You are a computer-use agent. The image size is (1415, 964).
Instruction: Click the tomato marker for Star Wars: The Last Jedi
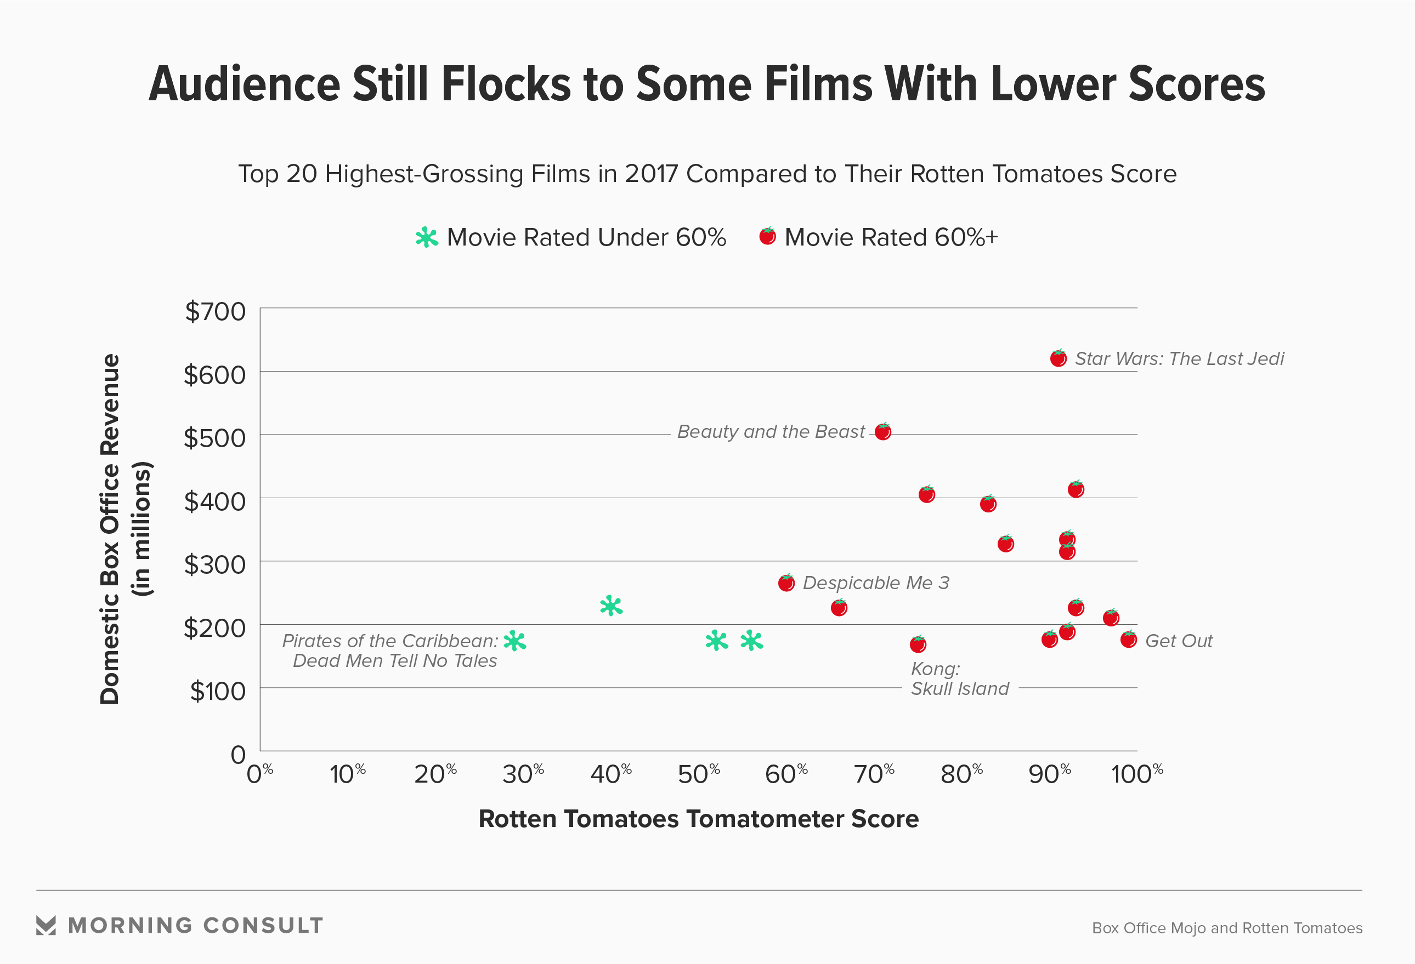point(1058,358)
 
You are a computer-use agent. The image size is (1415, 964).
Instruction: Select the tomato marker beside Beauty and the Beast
point(883,431)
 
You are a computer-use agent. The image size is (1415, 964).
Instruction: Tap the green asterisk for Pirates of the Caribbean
point(515,641)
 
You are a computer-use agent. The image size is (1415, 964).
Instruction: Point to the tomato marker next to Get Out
point(1128,640)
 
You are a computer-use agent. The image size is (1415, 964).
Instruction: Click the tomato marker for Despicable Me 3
point(786,583)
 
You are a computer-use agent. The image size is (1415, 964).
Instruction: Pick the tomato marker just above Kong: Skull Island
point(918,644)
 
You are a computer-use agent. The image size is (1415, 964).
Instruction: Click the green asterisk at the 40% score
point(610,606)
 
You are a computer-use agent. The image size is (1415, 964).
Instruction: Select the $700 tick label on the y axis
point(216,312)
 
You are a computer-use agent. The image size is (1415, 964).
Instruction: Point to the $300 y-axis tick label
point(216,565)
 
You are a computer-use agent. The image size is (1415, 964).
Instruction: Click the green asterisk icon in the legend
point(427,237)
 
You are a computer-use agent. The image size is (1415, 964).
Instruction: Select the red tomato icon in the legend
point(767,236)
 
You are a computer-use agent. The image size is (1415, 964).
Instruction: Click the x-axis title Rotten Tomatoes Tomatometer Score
point(698,819)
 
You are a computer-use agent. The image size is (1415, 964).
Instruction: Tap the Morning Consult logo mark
point(46,925)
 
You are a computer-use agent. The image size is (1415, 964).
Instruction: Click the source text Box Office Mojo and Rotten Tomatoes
point(1227,928)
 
